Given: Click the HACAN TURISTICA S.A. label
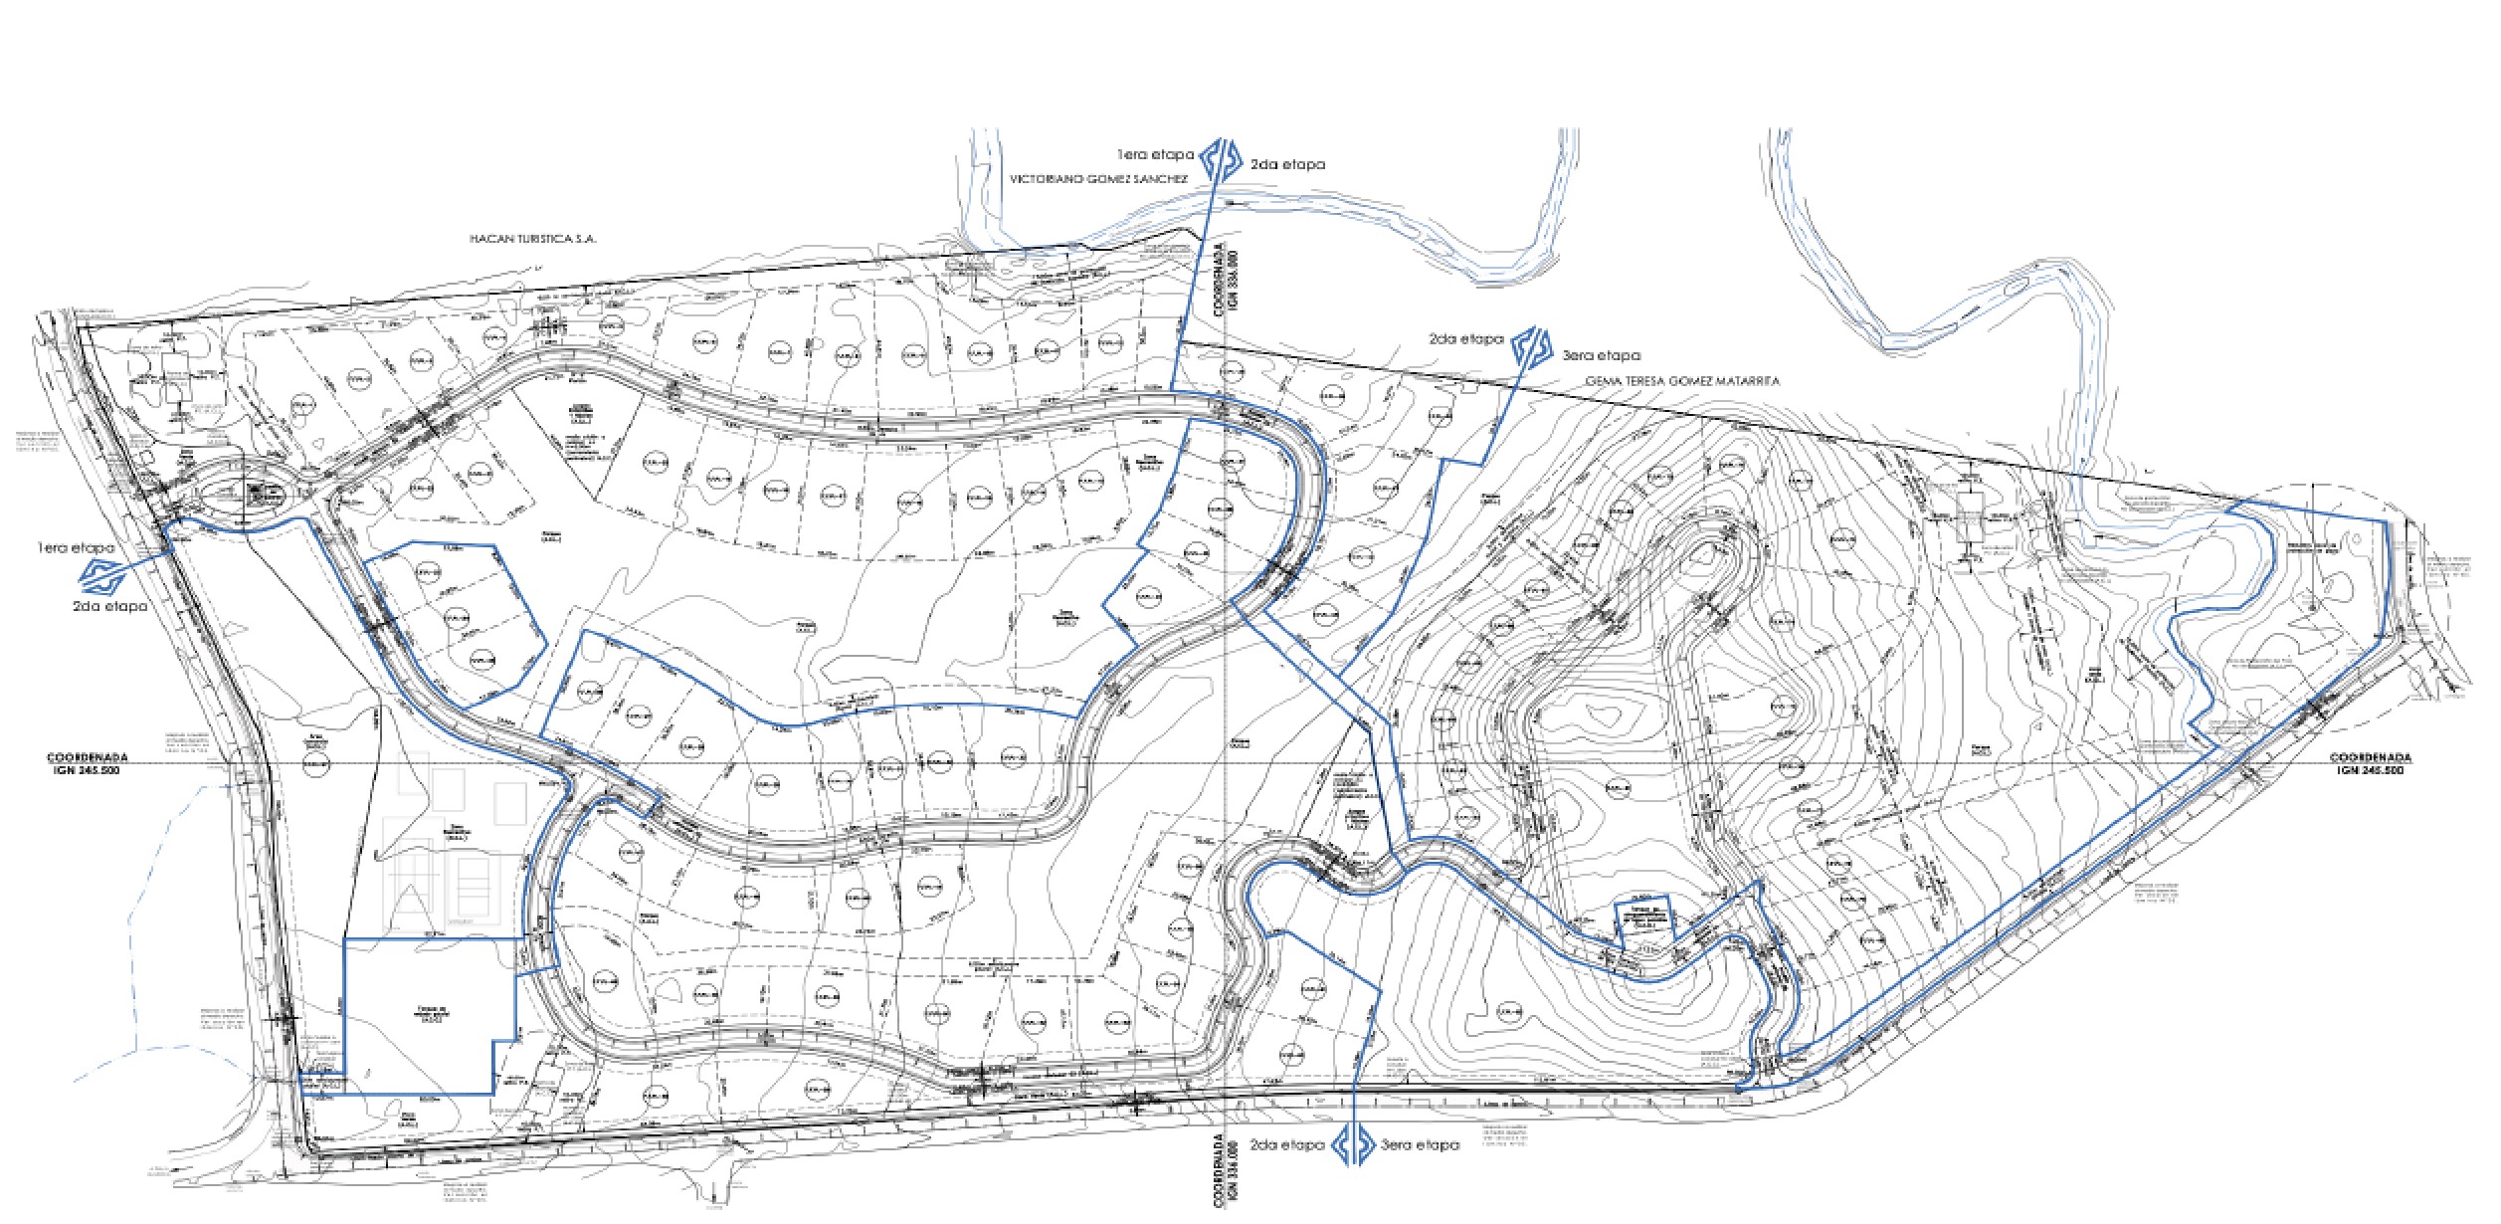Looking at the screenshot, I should pos(532,239).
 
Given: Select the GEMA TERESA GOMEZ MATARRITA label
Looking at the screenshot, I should pos(1682,381).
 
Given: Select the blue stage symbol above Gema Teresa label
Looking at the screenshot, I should pos(1533,347).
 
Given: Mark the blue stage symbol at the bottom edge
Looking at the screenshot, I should pos(1354,1144).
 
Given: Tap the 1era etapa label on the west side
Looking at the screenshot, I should pos(75,547).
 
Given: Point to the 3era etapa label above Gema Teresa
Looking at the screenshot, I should pos(1602,355).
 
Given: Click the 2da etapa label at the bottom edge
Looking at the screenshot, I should pos(1287,1145).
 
